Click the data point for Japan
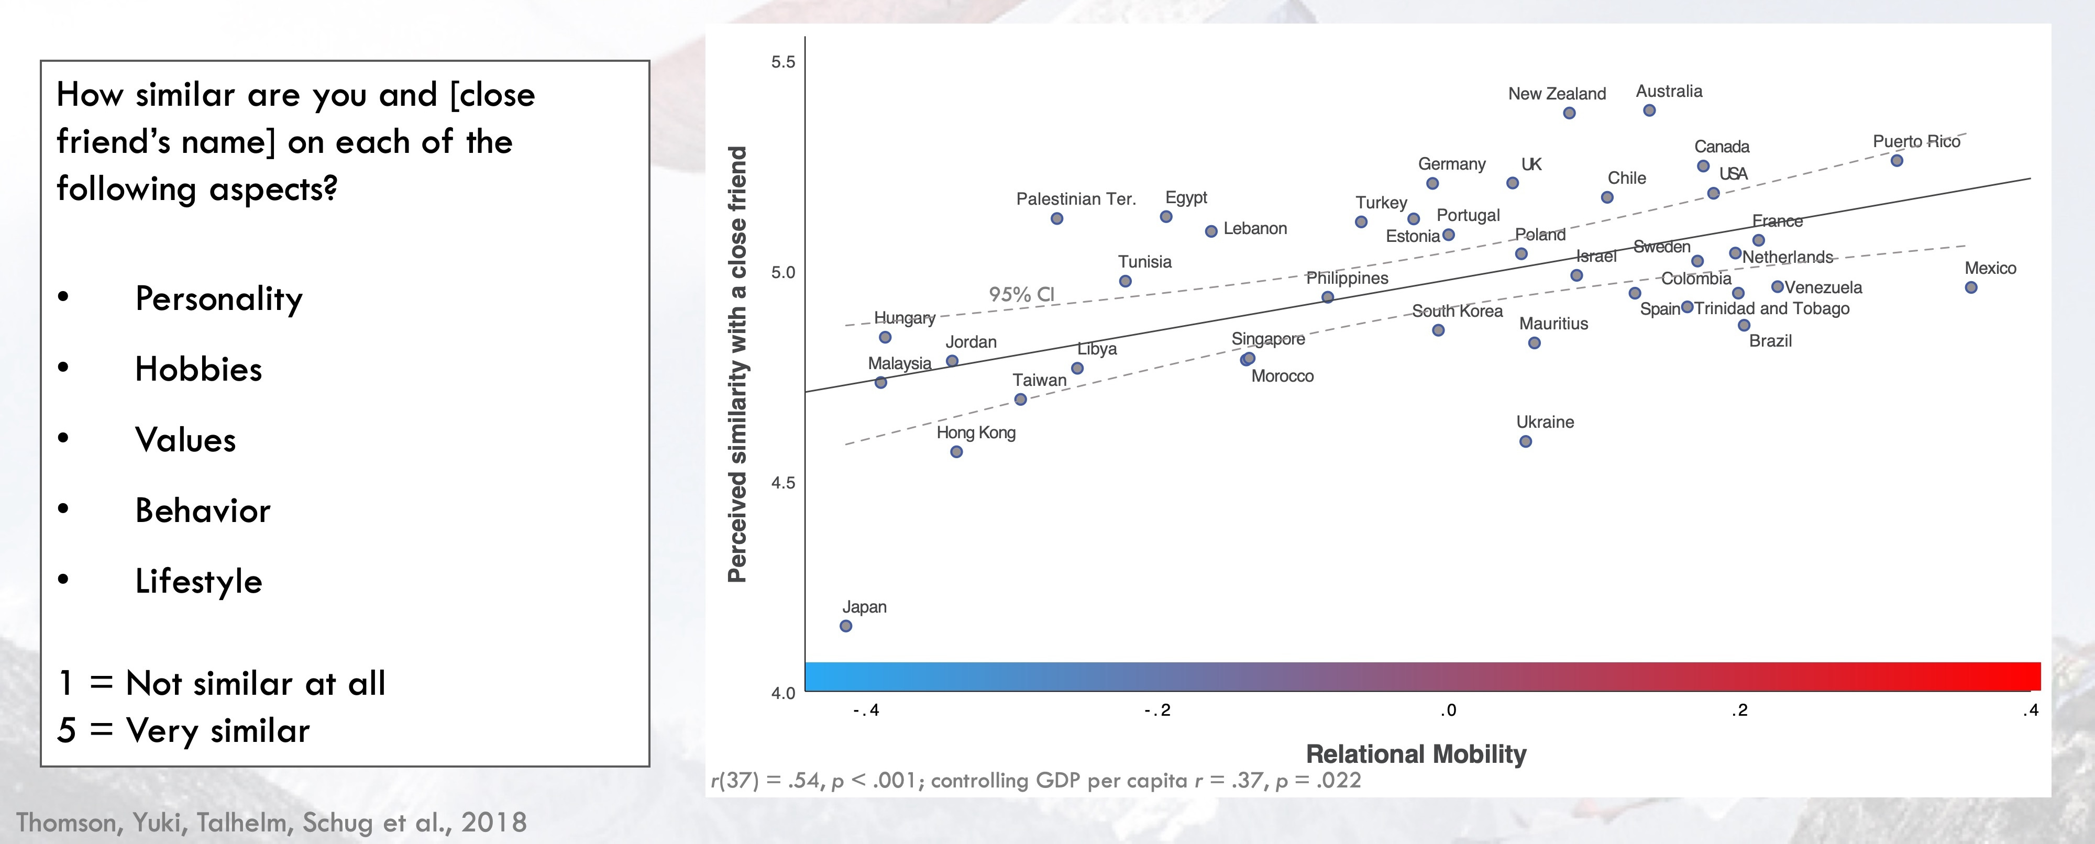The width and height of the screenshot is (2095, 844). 846,626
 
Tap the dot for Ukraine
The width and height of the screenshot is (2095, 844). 1526,441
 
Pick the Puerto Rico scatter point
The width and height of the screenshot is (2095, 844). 1896,161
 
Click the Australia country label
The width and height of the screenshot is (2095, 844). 1669,91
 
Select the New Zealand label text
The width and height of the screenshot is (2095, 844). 1557,94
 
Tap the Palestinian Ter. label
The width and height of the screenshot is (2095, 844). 1075,199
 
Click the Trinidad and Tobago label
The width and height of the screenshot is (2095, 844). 1771,309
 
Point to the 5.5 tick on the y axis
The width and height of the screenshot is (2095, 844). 783,63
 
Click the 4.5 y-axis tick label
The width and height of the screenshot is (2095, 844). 783,483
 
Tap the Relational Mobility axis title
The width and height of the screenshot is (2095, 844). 1416,754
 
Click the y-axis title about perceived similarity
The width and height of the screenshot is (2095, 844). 737,364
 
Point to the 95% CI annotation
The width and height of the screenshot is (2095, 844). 1021,294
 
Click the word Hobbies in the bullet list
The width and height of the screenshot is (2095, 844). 199,369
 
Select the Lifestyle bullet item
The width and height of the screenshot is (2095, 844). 199,581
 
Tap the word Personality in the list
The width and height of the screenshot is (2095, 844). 219,298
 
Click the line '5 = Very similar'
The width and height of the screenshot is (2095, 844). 184,730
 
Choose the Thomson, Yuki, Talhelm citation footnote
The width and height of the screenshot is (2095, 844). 272,822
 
